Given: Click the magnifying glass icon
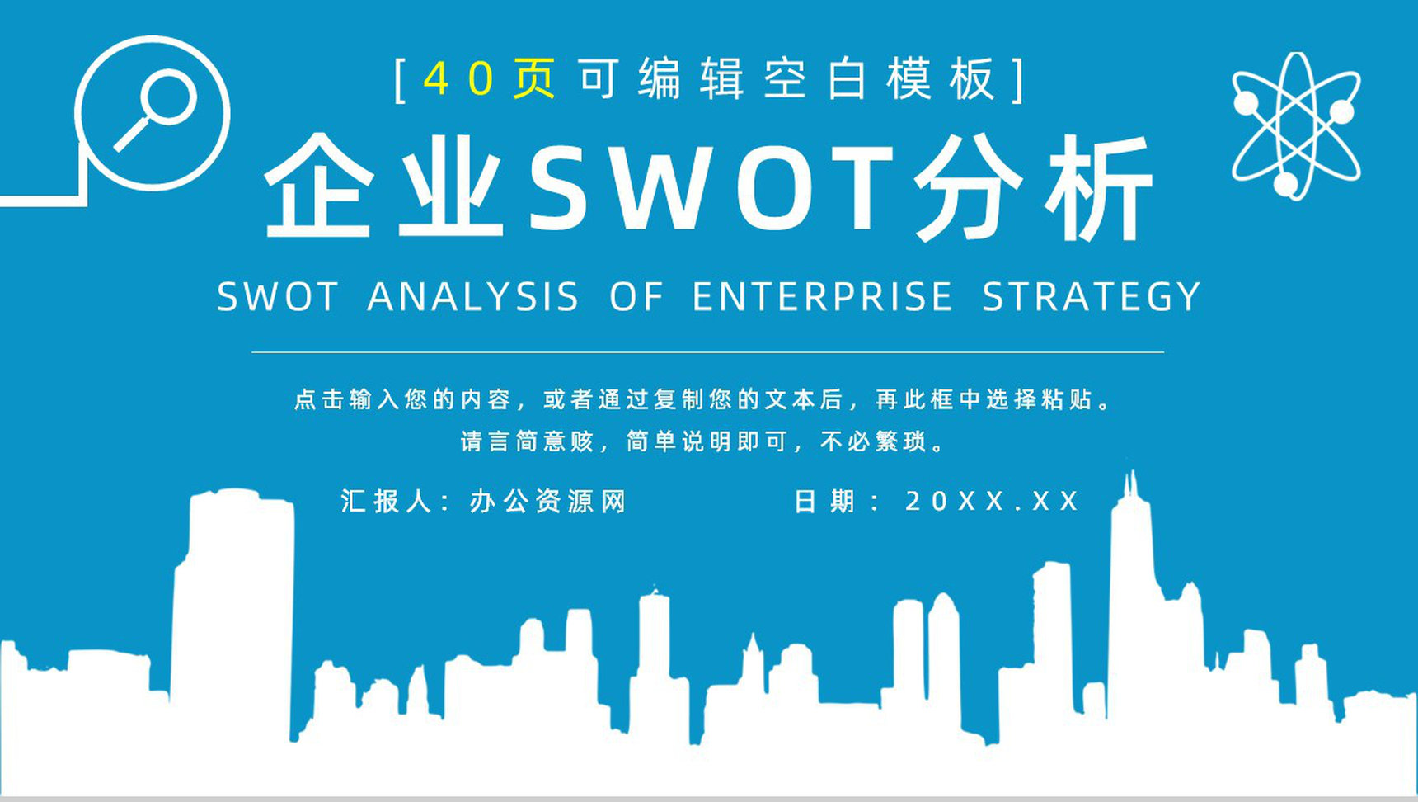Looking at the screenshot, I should click(x=155, y=112).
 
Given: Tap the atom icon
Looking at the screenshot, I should click(x=1296, y=125).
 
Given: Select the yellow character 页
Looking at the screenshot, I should click(x=534, y=79).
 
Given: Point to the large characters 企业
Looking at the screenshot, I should click(x=384, y=188).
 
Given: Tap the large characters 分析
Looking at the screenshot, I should click(x=1034, y=188).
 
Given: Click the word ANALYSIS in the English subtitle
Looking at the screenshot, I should click(x=473, y=297).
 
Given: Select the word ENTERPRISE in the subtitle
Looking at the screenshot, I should click(x=823, y=297).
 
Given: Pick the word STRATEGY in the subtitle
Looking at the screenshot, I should click(x=1092, y=297).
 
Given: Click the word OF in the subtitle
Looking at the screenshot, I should click(x=636, y=297).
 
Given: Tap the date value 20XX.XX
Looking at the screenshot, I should click(x=993, y=501).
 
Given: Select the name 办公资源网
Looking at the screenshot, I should click(x=548, y=501).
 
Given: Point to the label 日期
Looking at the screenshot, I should click(x=824, y=501).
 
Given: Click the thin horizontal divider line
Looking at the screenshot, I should click(x=707, y=352).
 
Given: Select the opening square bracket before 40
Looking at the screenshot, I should click(x=400, y=79).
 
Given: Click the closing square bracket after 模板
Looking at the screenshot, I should click(x=1020, y=79).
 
